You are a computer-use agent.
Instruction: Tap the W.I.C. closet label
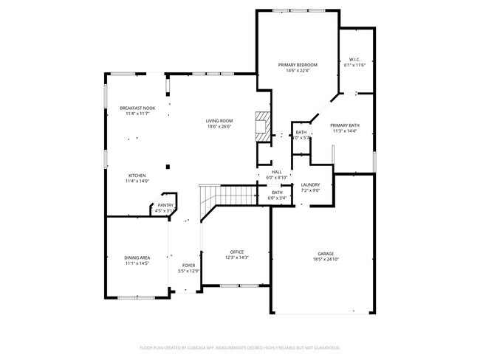tap(354, 60)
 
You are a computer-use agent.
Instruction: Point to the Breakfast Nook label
tap(137, 108)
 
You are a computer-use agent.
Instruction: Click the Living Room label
tap(219, 121)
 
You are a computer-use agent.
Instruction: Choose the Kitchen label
tap(137, 176)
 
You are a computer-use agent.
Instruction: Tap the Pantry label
tap(165, 206)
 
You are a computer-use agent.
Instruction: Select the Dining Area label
tap(137, 257)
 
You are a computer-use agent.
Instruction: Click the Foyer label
tap(189, 266)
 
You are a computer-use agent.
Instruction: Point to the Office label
tap(237, 252)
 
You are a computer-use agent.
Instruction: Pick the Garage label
tap(326, 252)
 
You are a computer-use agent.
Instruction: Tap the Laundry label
tap(309, 184)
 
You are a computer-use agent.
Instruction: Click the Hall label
tap(276, 172)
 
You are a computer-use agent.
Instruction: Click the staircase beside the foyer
tap(226, 195)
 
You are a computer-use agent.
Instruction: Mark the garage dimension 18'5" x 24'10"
tap(326, 258)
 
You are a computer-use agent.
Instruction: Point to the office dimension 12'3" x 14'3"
tap(237, 257)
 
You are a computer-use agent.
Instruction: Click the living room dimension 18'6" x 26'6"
tap(219, 127)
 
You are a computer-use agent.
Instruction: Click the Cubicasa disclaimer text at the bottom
tap(240, 347)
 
